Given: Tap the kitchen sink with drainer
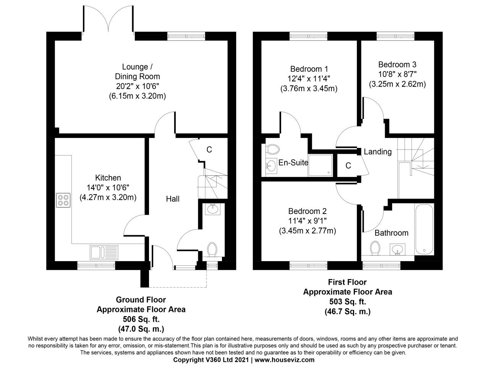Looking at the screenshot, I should pyautogui.click(x=104, y=252).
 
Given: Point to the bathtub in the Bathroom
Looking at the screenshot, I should pyautogui.click(x=424, y=230).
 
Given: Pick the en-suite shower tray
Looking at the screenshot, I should pyautogui.click(x=320, y=165).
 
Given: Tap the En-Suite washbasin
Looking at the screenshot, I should pyautogui.click(x=271, y=165).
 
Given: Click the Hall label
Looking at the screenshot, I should pyautogui.click(x=173, y=199).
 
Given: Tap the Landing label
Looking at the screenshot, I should pyautogui.click(x=377, y=152).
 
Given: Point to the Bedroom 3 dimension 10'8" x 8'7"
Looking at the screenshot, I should pyautogui.click(x=397, y=74).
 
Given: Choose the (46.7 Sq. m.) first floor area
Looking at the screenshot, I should pyautogui.click(x=347, y=311).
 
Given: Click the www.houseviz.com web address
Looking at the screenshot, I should pyautogui.click(x=285, y=360).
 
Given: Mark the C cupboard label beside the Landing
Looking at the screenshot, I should pyautogui.click(x=348, y=165).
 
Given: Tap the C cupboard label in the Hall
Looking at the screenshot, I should pyautogui.click(x=209, y=150).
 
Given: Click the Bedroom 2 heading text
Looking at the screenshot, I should pyautogui.click(x=308, y=211).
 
